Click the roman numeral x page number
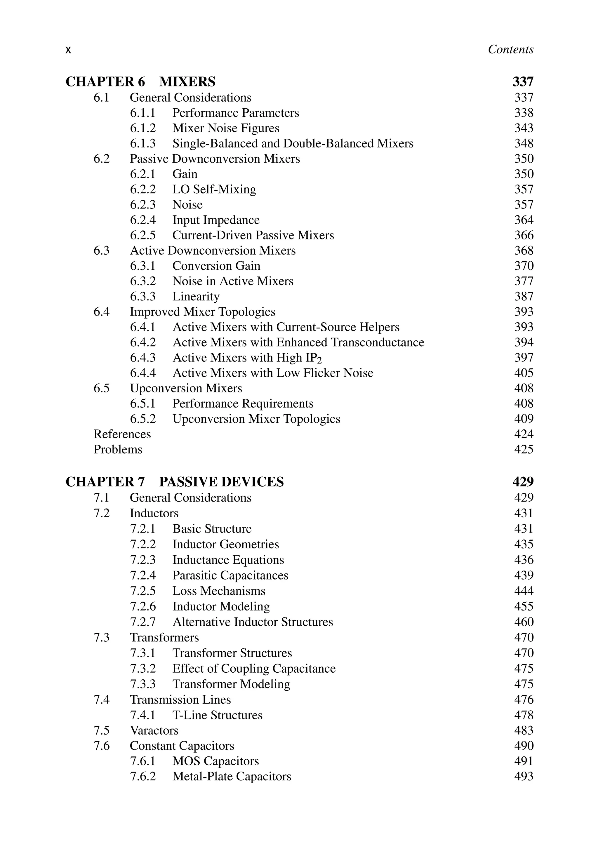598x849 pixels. pyautogui.click(x=68, y=50)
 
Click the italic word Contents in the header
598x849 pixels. pyautogui.click(x=510, y=49)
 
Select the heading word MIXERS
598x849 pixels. pyautogui.click(x=187, y=82)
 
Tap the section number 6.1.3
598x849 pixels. pyautogui.click(x=143, y=143)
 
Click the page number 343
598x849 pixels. pyautogui.click(x=524, y=128)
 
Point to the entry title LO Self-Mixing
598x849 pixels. pyautogui.click(x=214, y=189)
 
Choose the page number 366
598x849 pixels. pyautogui.click(x=524, y=235)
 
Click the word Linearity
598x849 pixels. pyautogui.click(x=196, y=297)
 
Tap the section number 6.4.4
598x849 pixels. pyautogui.click(x=143, y=373)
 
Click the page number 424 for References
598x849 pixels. pyautogui.click(x=524, y=434)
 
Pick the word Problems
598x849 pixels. pyautogui.click(x=118, y=450)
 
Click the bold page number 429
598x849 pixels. pyautogui.click(x=523, y=482)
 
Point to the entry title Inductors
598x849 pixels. pyautogui.click(x=154, y=513)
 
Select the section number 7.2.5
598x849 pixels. pyautogui.click(x=143, y=591)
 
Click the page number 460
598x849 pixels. pyautogui.click(x=524, y=622)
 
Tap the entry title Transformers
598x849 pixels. pyautogui.click(x=164, y=638)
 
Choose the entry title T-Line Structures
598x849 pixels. pyautogui.click(x=218, y=715)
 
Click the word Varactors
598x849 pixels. pyautogui.click(x=154, y=731)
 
